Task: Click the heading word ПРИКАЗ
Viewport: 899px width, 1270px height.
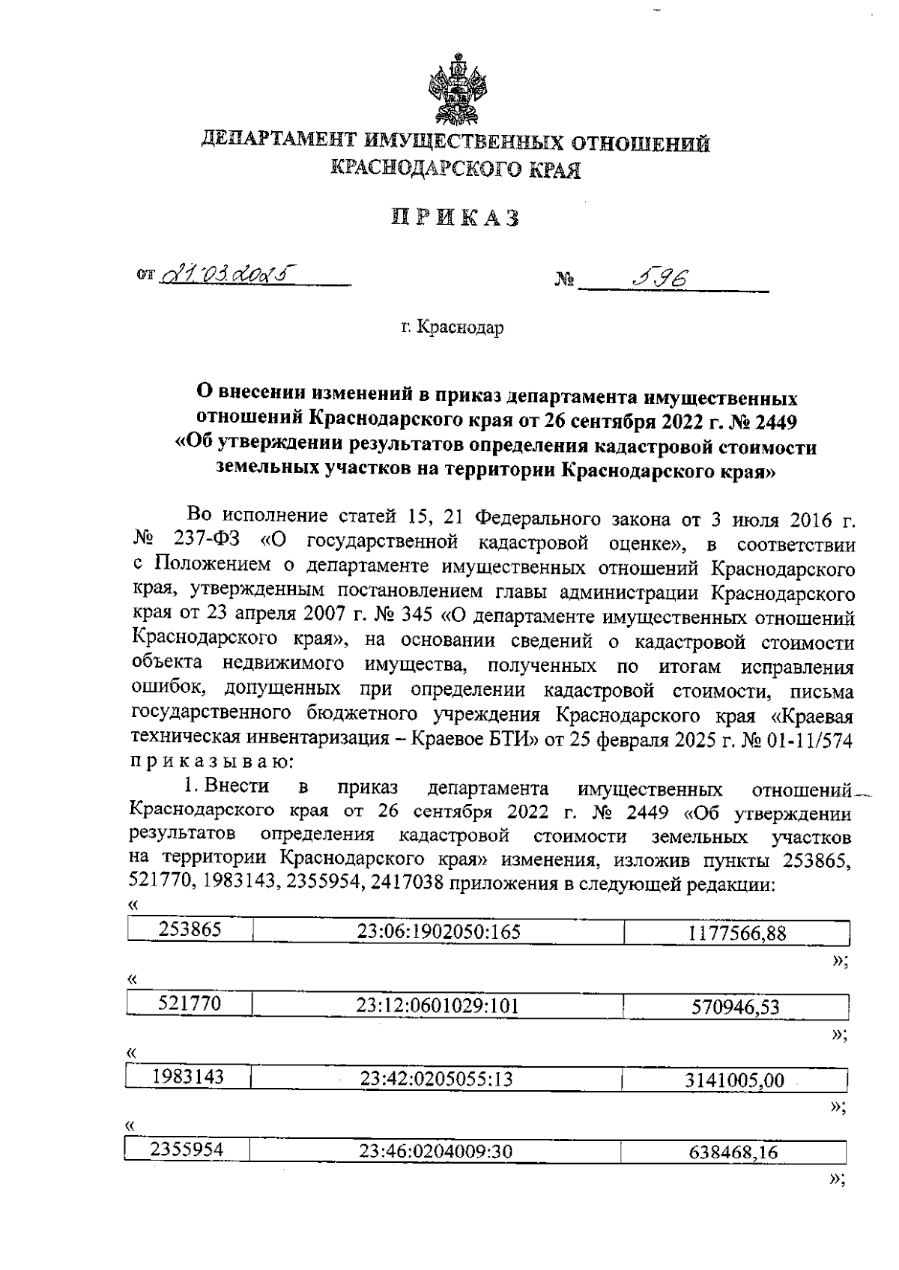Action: pos(455,218)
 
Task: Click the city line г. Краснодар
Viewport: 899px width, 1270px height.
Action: pos(452,327)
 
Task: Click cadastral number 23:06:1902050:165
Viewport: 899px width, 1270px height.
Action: pos(438,931)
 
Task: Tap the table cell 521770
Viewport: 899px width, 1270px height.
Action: pos(190,1003)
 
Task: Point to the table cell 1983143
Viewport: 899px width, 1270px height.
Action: pos(188,1077)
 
